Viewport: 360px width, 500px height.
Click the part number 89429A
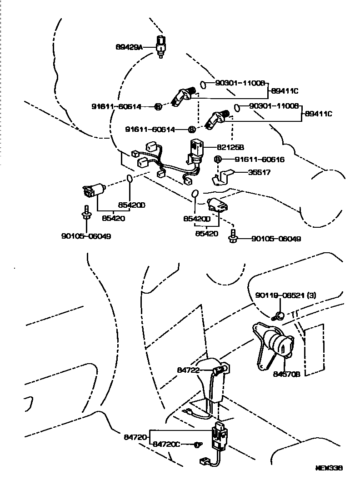tap(129, 46)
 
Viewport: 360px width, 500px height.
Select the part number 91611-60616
tap(260, 160)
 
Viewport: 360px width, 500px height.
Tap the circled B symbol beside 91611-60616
tap(218, 159)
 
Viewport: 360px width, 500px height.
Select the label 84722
tap(188, 370)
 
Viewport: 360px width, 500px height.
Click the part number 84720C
tap(166, 444)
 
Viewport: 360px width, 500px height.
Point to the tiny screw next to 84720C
tap(197, 444)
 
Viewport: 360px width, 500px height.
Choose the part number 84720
tap(135, 437)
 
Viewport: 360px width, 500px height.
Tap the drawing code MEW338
tap(330, 467)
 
